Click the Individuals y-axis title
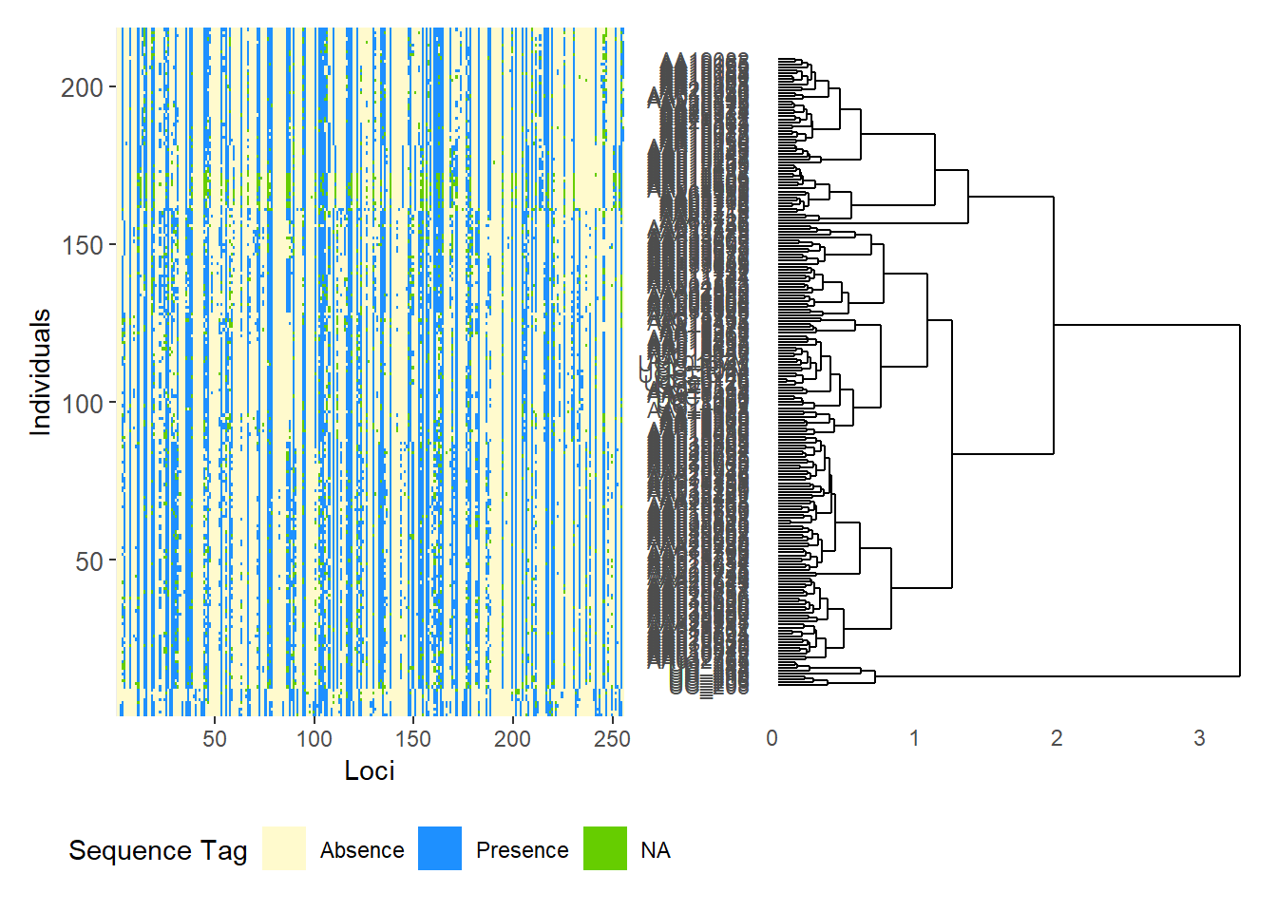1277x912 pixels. point(40,372)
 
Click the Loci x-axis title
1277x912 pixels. point(370,770)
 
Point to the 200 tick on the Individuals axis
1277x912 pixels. point(82,87)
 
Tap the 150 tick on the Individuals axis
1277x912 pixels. point(82,245)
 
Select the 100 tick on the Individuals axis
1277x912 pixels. point(82,404)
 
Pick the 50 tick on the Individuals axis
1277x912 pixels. point(88,561)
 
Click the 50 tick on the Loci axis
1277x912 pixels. point(215,739)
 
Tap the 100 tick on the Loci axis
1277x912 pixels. point(314,739)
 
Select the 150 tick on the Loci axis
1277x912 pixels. point(413,739)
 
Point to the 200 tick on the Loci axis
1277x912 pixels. point(512,739)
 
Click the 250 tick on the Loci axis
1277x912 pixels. point(612,739)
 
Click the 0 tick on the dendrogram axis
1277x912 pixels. point(772,738)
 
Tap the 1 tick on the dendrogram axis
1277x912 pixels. point(914,738)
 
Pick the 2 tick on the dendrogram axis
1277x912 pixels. point(1057,738)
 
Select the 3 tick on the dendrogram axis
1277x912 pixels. point(1199,738)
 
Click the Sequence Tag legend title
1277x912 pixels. point(158,850)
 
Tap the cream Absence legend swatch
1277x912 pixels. point(284,848)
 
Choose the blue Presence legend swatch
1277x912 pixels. point(440,848)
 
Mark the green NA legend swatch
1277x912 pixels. point(605,848)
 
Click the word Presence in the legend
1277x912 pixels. point(522,850)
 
